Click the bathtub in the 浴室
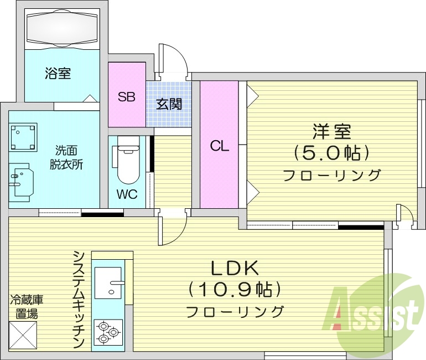coord(63,28)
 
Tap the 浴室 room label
coord(58,73)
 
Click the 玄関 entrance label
coord(169,104)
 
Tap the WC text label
coord(127,195)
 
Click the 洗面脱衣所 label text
coord(69,157)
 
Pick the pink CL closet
coord(219,145)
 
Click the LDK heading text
coord(235,268)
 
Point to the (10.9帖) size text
coord(235,289)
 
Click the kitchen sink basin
coord(108,283)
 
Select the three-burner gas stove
coord(108,333)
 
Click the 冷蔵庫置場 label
coord(27,307)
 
